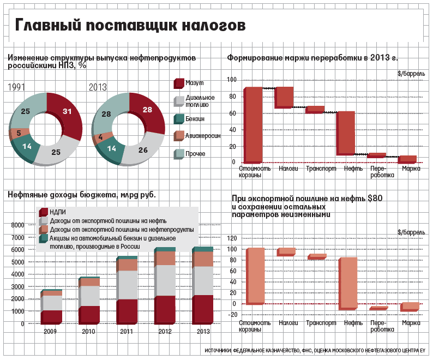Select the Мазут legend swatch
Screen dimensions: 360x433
click(178, 83)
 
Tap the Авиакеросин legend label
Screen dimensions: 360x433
click(203, 136)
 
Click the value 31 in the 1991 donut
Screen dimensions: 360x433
click(67, 111)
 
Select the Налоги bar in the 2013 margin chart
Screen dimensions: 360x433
click(284, 97)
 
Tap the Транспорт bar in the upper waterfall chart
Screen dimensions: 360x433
click(315, 109)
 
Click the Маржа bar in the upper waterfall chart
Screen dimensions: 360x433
click(407, 159)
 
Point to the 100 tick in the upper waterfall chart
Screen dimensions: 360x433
click(232, 80)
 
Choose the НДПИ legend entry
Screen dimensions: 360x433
click(57, 212)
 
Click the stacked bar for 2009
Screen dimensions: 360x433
click(52, 307)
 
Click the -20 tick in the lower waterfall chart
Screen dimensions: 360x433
click(231, 314)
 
